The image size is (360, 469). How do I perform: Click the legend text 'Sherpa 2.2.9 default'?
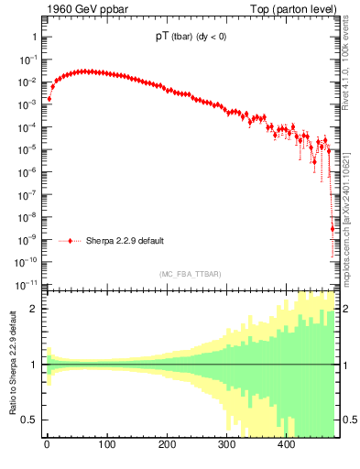point(125,241)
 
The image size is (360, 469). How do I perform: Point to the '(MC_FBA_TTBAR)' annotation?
point(191,274)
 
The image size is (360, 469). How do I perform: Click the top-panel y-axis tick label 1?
point(34,38)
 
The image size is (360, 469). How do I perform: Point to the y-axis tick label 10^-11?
point(27,284)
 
